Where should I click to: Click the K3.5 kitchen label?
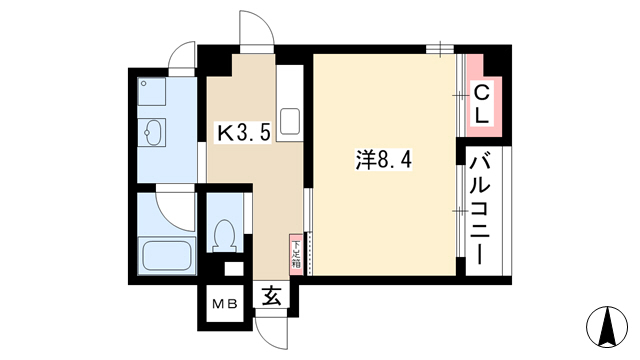pyautogui.click(x=244, y=132)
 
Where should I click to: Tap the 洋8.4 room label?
pyautogui.click(x=384, y=160)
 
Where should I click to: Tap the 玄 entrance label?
pyautogui.click(x=271, y=296)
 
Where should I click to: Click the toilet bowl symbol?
pyautogui.click(x=224, y=236)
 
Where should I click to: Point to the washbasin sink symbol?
pyautogui.click(x=152, y=132)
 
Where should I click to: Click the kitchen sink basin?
pyautogui.click(x=289, y=121)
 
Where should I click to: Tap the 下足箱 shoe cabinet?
pyautogui.click(x=296, y=255)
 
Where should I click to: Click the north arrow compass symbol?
pyautogui.click(x=607, y=326)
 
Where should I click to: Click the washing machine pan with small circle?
pyautogui.click(x=151, y=91)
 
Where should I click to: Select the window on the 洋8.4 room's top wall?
pyautogui.click(x=440, y=49)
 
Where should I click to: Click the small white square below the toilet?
pyautogui.click(x=234, y=269)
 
